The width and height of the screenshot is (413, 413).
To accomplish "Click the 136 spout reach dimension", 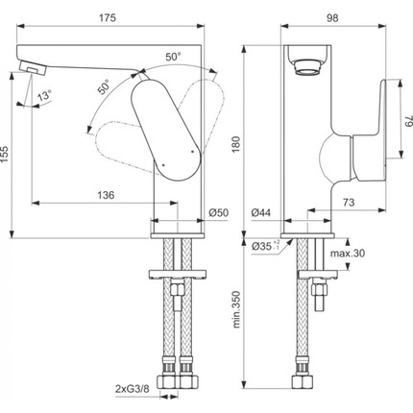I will tap(105, 194).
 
